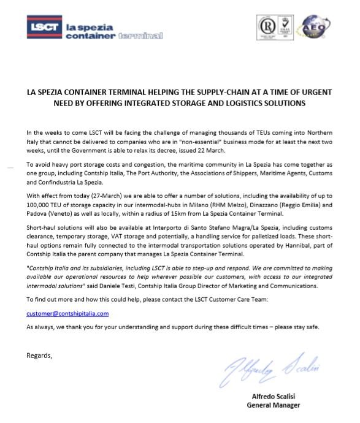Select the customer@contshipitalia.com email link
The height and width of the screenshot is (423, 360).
67,313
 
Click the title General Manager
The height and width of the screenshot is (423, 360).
274,405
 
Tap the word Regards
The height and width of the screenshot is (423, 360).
39,355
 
